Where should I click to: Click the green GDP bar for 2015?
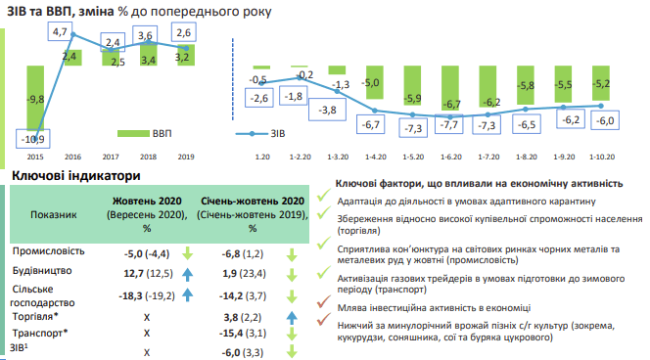tap(35, 98)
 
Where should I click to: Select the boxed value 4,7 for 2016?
tap(60, 32)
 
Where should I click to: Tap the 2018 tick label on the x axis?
tap(148, 157)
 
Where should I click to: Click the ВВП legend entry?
tap(145, 133)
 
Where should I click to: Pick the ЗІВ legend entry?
tap(260, 133)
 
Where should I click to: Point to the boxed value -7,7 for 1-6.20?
tap(448, 124)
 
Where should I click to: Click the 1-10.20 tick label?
tap(602, 157)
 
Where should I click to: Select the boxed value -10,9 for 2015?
tap(33, 139)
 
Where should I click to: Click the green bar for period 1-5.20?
tap(412, 85)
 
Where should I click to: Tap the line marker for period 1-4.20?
tap(375, 111)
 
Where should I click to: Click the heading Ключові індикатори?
tap(76, 176)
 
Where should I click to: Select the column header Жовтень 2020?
tap(147, 201)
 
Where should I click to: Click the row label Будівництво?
tap(42, 271)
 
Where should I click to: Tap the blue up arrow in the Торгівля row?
tap(292, 317)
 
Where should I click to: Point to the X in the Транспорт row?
tap(147, 334)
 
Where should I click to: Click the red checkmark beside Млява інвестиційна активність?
tap(324, 301)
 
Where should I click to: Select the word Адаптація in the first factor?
tap(360, 202)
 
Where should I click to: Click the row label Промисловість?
tap(49, 251)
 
